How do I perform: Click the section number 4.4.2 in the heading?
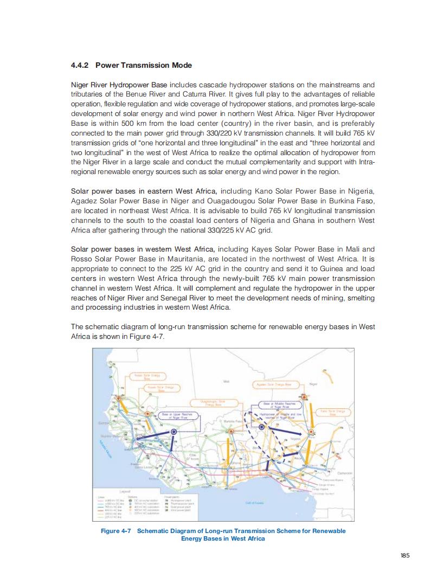81,66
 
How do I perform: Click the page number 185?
405,555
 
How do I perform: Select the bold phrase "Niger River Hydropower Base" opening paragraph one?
120,85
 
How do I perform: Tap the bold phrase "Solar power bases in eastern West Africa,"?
145,191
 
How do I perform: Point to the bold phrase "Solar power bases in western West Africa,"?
145,249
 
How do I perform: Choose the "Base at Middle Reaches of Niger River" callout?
275,406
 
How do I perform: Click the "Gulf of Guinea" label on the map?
255,503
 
